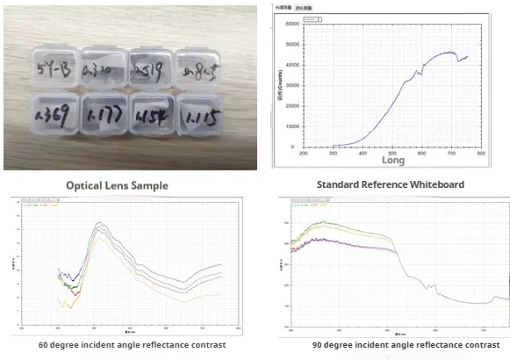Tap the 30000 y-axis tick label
293,84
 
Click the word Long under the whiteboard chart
393,161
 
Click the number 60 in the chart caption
44,345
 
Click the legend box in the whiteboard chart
308,18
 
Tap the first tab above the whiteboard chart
283,6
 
